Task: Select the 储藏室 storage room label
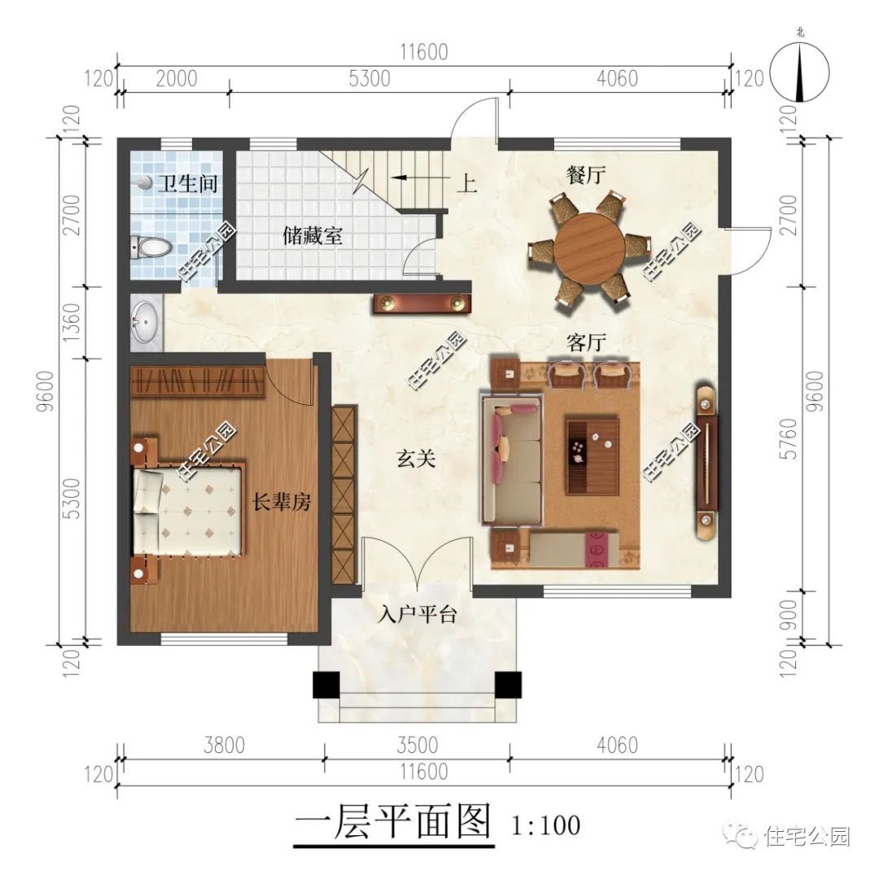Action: [x=313, y=237]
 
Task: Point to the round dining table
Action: [x=589, y=247]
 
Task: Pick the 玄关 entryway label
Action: [x=417, y=459]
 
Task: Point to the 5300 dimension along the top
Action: [x=369, y=79]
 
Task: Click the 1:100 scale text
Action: [x=546, y=825]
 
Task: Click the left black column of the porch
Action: [x=326, y=685]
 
